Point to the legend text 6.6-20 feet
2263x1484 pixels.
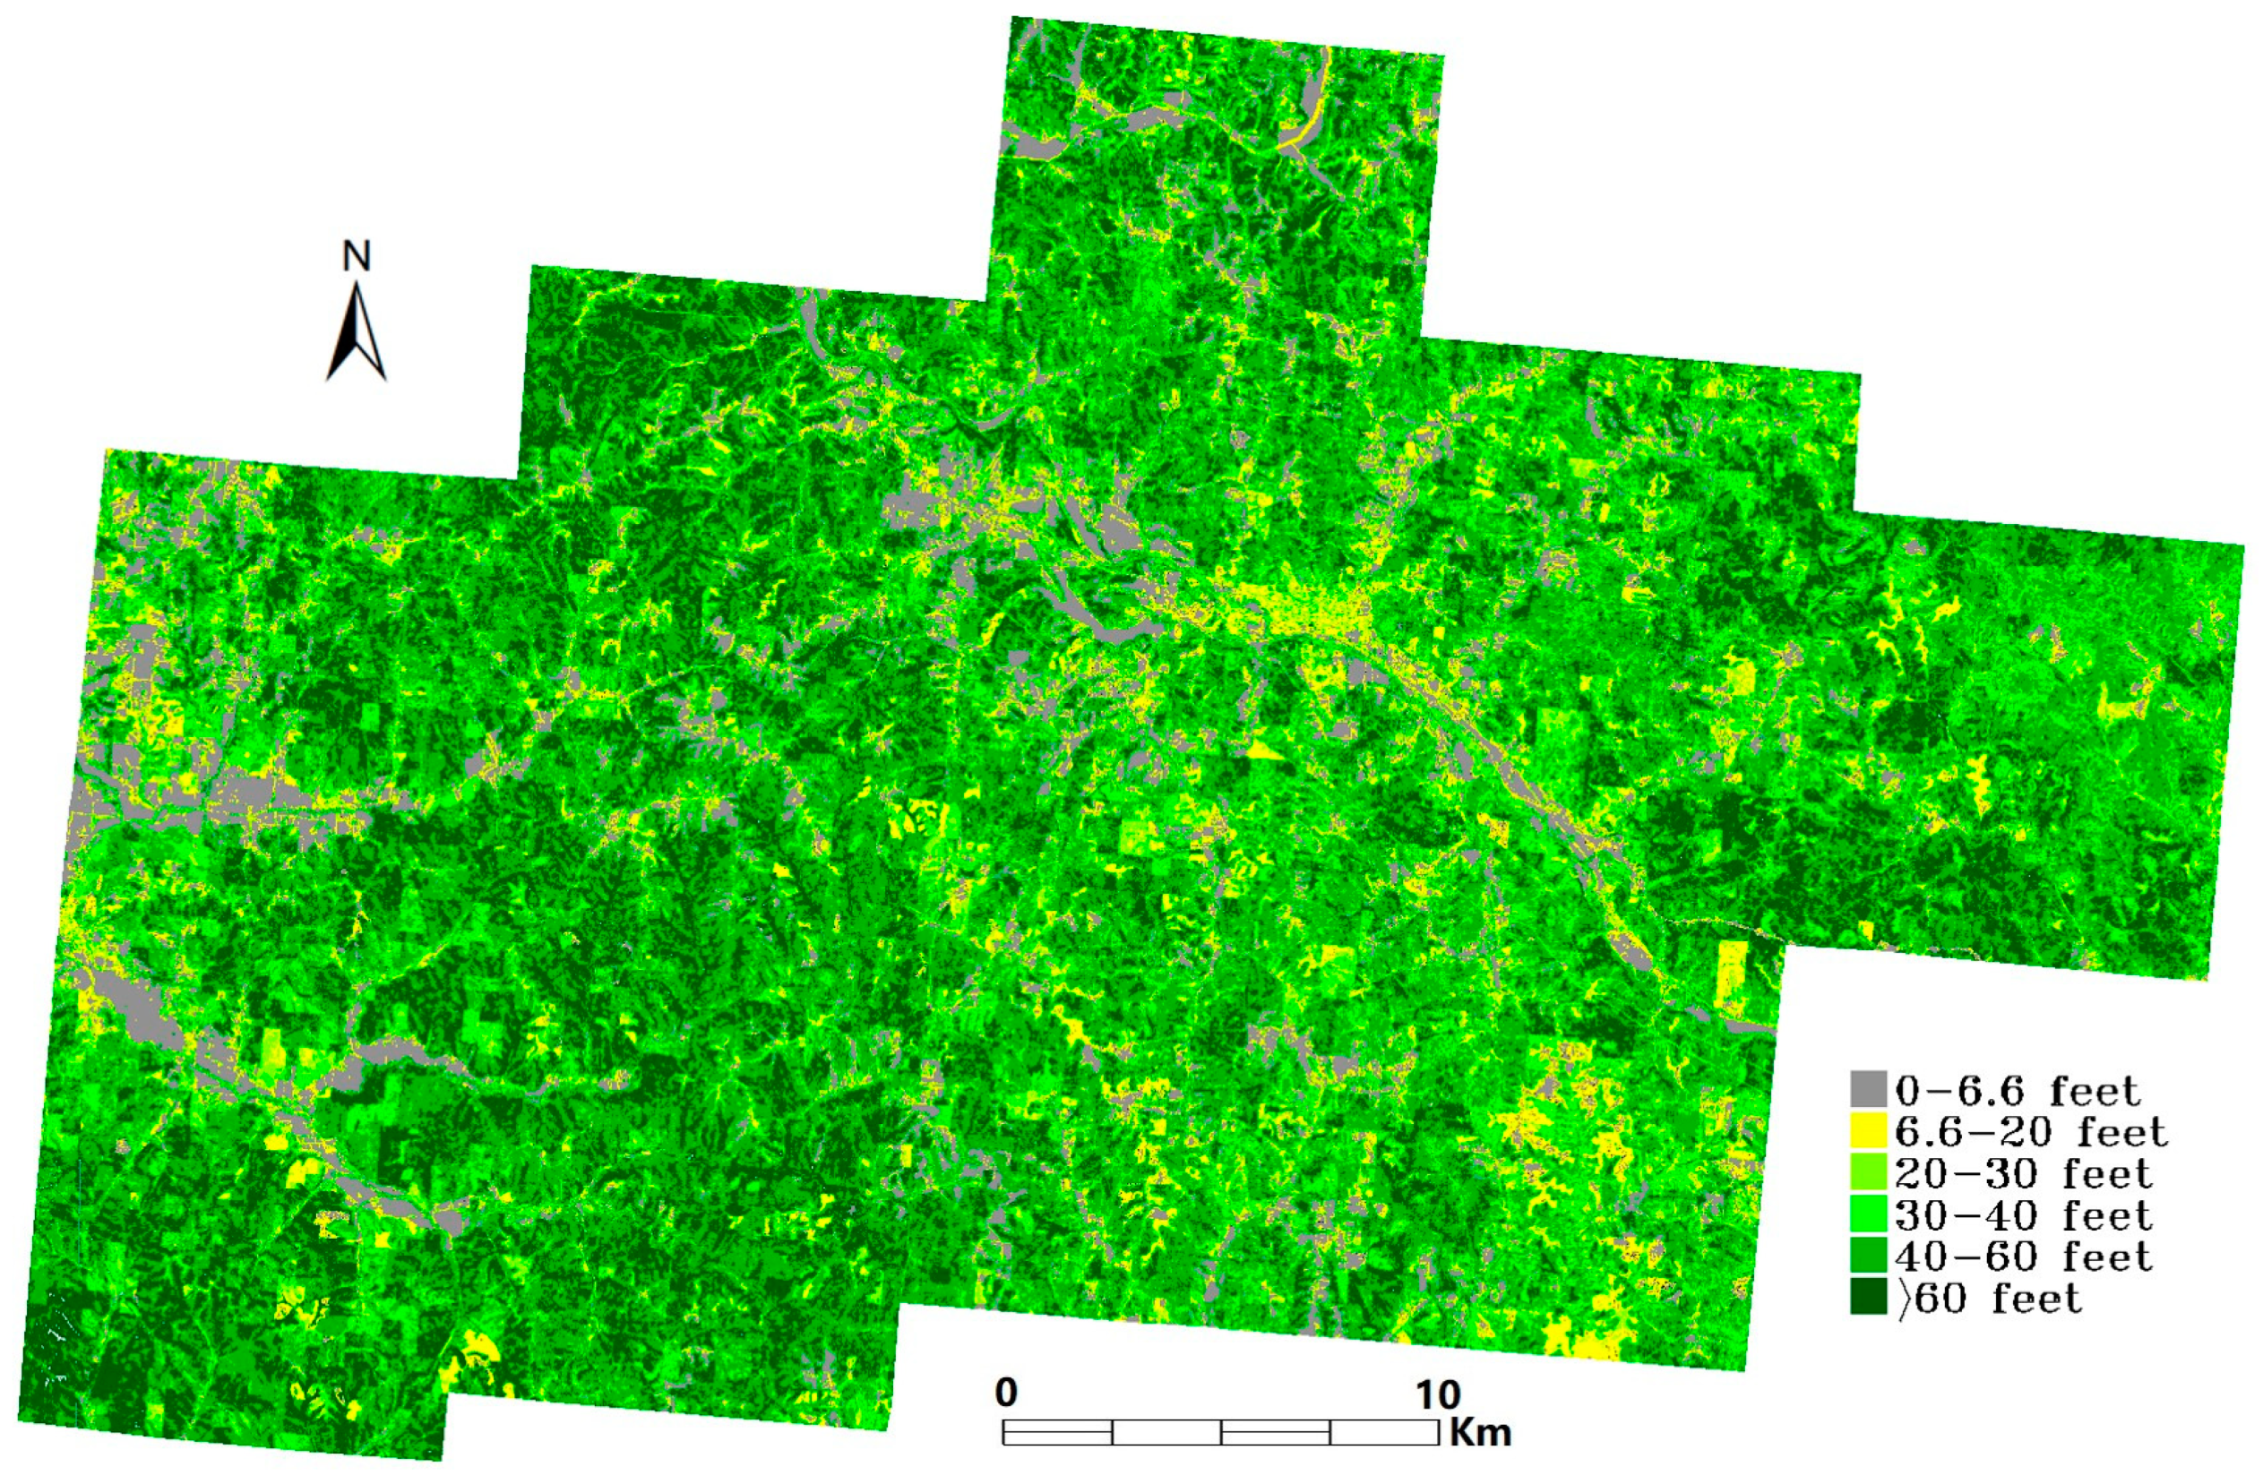[x=2031, y=1132]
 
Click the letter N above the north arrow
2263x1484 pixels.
[x=357, y=256]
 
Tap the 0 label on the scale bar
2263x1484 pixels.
[x=1006, y=1394]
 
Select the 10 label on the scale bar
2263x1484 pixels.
[x=1438, y=1395]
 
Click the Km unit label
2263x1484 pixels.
[x=1481, y=1432]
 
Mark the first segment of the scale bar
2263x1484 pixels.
[x=1057, y=1432]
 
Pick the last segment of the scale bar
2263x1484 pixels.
[x=1383, y=1432]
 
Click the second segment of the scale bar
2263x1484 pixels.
[x=1166, y=1432]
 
